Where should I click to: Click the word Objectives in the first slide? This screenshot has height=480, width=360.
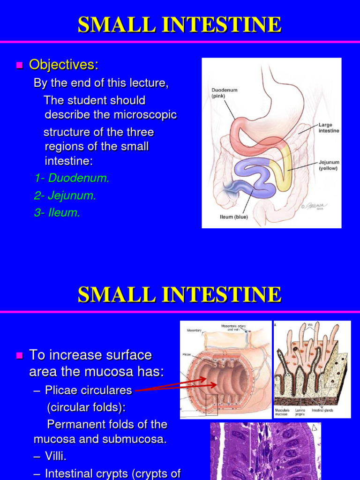64,65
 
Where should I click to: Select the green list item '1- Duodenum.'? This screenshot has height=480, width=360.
72,178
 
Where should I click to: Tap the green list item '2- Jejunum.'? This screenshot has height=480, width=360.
65,195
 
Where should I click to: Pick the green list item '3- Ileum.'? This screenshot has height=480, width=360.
57,213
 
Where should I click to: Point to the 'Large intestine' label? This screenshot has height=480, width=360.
329,127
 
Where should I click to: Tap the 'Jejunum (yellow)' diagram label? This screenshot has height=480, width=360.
328,165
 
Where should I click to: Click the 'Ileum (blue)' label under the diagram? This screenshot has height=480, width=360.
234,217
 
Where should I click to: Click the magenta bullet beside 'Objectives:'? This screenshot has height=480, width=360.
19,65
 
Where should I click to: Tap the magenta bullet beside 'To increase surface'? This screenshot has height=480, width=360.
19,356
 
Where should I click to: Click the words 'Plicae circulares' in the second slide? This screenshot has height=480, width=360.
89,390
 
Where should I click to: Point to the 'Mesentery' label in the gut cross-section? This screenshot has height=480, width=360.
194,330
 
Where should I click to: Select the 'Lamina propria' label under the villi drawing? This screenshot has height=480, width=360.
300,412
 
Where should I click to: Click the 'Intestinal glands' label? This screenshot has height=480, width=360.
322,410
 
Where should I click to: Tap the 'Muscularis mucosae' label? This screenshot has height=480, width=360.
284,412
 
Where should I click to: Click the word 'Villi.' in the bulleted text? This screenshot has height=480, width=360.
60,456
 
